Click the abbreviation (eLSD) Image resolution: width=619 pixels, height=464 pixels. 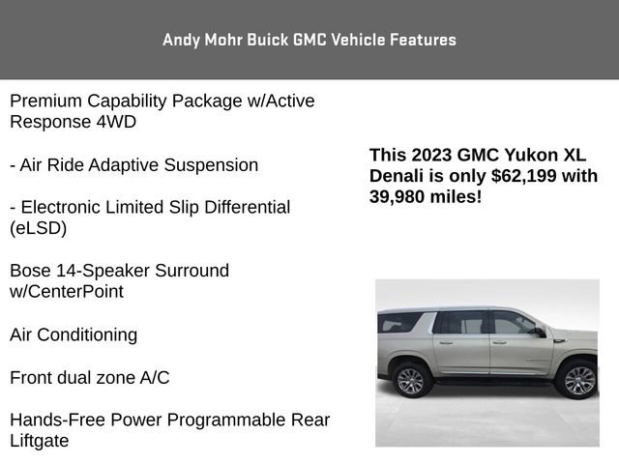coord(38,228)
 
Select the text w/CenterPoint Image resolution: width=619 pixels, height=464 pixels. coord(67,291)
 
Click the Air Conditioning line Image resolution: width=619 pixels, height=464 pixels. coord(74,335)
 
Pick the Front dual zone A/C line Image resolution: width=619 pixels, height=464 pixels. coord(89,378)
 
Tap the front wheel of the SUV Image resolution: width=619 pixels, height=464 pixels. coord(579,379)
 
